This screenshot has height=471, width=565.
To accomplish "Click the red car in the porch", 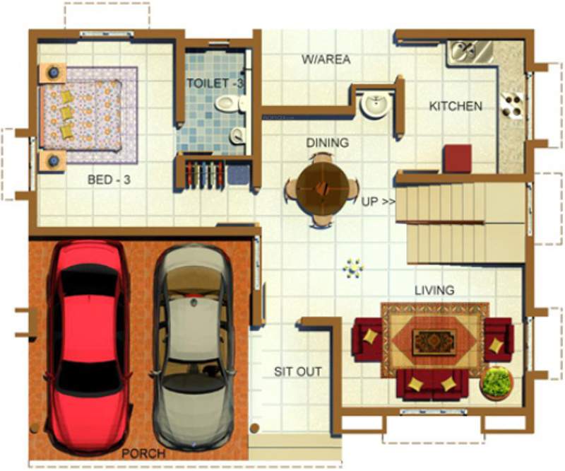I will [88, 339].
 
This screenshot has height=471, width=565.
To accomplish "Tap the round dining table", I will [322, 188].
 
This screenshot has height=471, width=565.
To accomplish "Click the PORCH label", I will [144, 453].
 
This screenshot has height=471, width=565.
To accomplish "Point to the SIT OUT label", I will [297, 372].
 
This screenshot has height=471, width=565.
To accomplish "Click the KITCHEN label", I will [456, 107].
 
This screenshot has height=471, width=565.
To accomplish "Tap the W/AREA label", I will [326, 60].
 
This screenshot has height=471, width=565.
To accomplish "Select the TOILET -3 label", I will [215, 83].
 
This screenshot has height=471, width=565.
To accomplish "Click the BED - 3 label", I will [109, 180].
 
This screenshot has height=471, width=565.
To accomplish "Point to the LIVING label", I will [434, 291].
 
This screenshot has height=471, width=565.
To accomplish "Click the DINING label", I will [327, 143].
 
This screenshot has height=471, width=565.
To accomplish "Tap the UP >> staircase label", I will [379, 202].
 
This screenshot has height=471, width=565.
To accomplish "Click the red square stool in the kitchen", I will [458, 158].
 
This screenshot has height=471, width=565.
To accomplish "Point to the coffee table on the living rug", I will [434, 342].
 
